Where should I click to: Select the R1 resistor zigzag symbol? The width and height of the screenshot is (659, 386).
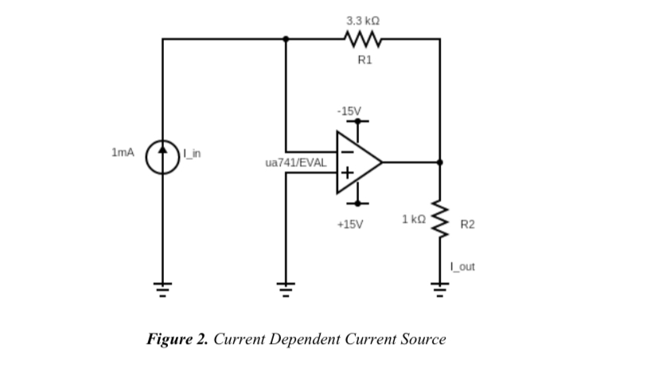click(x=363, y=38)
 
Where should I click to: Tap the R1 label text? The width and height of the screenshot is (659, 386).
click(x=364, y=60)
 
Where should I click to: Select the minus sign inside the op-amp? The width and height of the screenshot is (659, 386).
click(x=347, y=150)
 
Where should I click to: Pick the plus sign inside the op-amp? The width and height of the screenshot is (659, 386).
click(x=347, y=173)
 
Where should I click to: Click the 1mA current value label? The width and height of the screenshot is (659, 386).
click(x=123, y=151)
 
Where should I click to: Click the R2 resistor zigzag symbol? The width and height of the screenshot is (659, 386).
click(x=440, y=218)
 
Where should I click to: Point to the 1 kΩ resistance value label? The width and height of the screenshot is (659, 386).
click(x=415, y=218)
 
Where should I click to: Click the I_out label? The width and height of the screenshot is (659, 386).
click(x=462, y=267)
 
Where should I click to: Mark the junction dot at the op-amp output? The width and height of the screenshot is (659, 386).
click(x=440, y=162)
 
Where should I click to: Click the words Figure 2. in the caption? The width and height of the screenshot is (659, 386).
click(x=177, y=339)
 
